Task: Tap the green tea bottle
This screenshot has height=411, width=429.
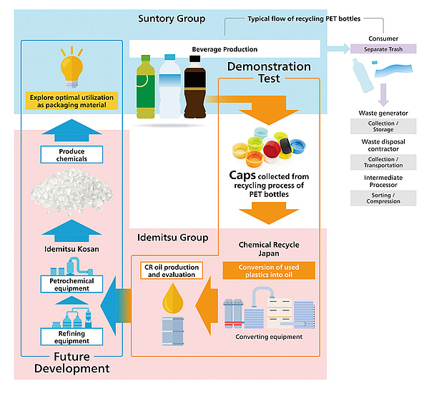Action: click(147, 88)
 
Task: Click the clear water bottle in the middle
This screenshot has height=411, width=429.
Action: click(171, 88)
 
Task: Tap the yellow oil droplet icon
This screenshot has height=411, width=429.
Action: click(172, 298)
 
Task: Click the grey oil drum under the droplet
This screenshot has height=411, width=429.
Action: click(172, 331)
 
